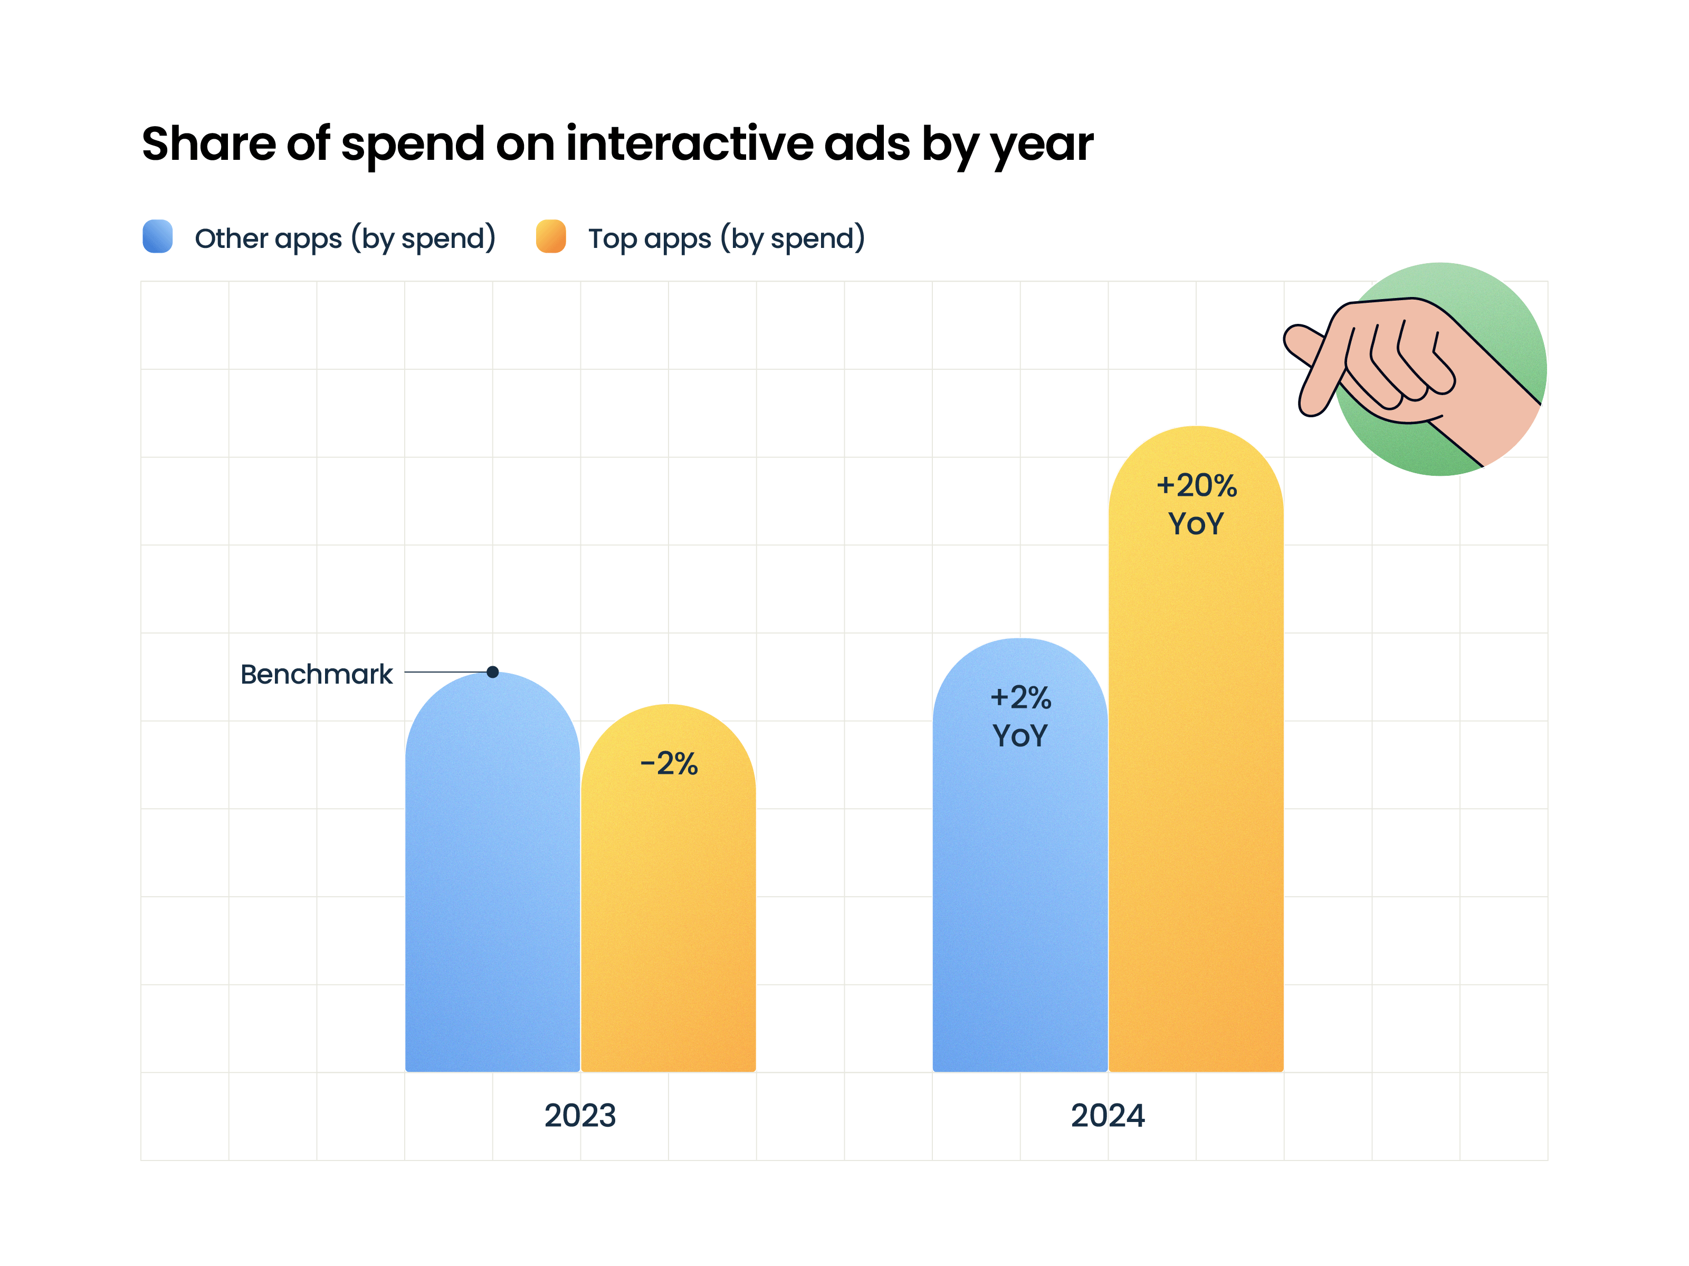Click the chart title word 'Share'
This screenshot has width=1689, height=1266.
(x=208, y=145)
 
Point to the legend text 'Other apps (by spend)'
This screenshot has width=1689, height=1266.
(x=345, y=238)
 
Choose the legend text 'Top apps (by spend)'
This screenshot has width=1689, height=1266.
(x=726, y=238)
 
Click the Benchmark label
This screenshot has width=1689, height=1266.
(x=316, y=674)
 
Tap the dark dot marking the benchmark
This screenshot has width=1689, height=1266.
(x=492, y=672)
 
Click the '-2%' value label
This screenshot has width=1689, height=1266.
(x=668, y=764)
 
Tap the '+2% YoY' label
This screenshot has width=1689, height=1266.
(x=1020, y=716)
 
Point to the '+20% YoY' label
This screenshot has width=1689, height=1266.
(x=1196, y=504)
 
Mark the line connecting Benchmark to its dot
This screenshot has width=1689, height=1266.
(x=447, y=672)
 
